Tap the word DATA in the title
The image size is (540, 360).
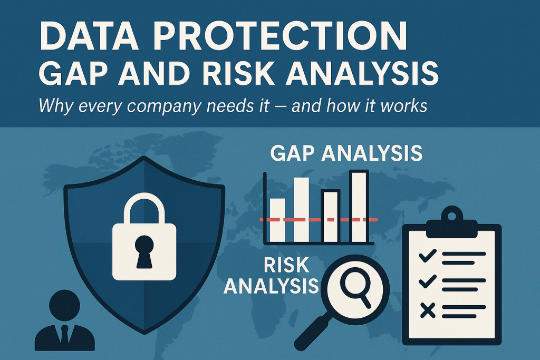[x=89, y=36]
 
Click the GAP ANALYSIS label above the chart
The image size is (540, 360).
[x=346, y=153]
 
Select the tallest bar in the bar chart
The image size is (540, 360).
[x=359, y=207]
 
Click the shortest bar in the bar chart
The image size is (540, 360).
[x=277, y=220]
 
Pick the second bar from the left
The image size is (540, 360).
[x=301, y=210]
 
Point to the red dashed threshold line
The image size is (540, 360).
[x=318, y=219]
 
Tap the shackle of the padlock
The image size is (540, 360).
[x=144, y=208]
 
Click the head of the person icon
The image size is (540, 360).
[x=64, y=305]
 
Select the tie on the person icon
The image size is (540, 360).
[x=64, y=334]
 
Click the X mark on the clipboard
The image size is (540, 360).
[x=427, y=310]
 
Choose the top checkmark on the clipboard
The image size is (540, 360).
[x=427, y=256]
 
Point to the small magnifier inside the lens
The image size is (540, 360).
[x=355, y=288]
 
